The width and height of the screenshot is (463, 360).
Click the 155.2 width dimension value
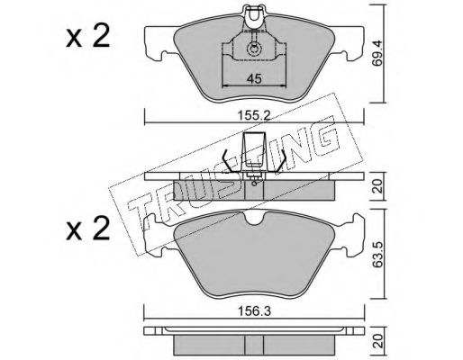click(254, 115)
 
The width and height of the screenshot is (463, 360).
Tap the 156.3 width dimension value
click(254, 311)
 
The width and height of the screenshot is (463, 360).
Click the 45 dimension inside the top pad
click(254, 79)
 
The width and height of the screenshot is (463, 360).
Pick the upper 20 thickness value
click(378, 186)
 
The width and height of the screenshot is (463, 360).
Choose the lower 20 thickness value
click(378, 341)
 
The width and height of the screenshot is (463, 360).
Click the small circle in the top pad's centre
click(254, 49)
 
